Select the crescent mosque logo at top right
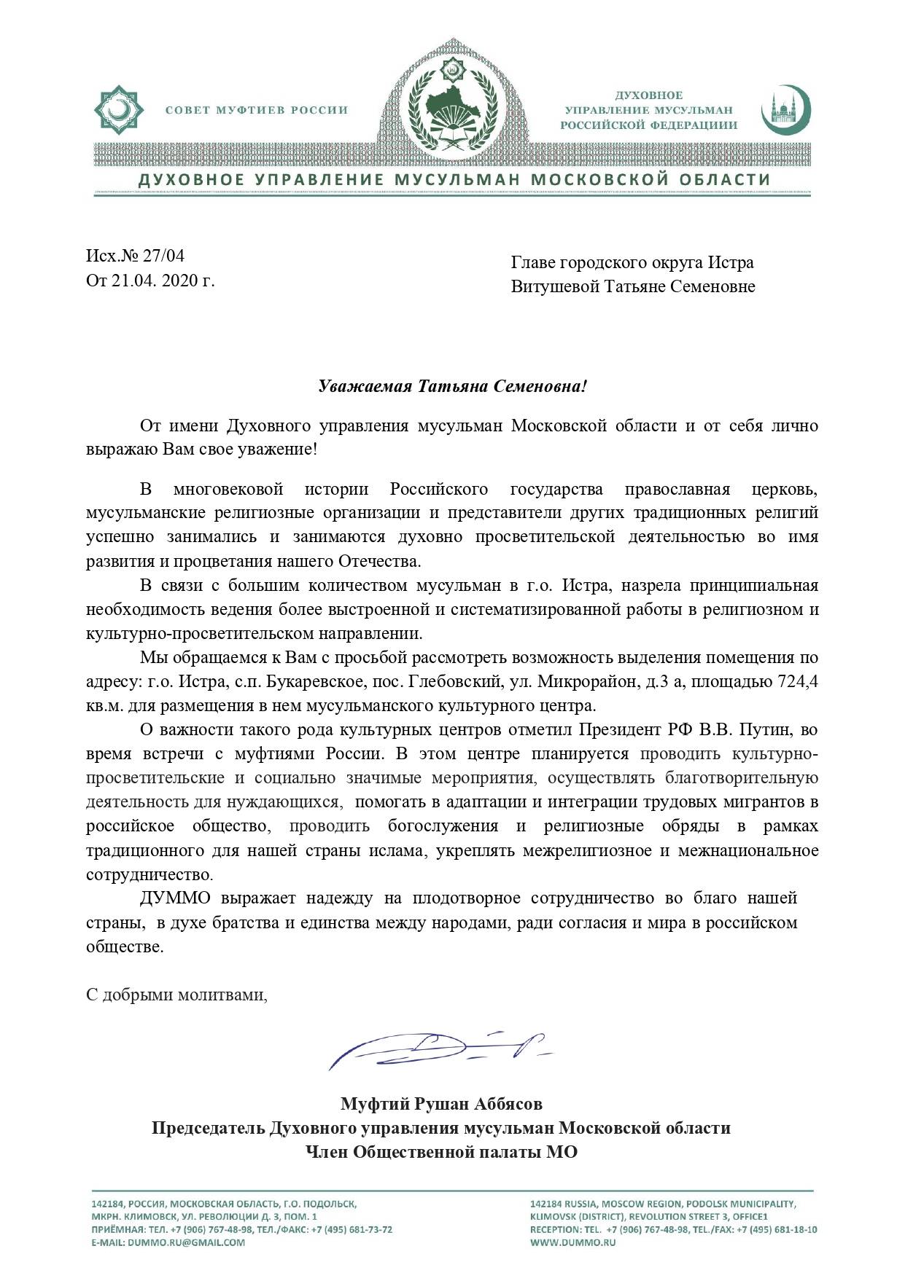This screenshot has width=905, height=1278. pyautogui.click(x=785, y=110)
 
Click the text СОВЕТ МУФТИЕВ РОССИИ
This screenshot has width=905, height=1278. pyautogui.click(x=256, y=111)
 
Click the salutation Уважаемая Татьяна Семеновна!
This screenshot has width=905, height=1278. pyautogui.click(x=452, y=385)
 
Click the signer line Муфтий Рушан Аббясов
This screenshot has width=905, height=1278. pyautogui.click(x=441, y=1104)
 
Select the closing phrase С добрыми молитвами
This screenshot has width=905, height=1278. pyautogui.click(x=176, y=995)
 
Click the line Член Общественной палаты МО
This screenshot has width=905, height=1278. pyautogui.click(x=441, y=1152)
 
